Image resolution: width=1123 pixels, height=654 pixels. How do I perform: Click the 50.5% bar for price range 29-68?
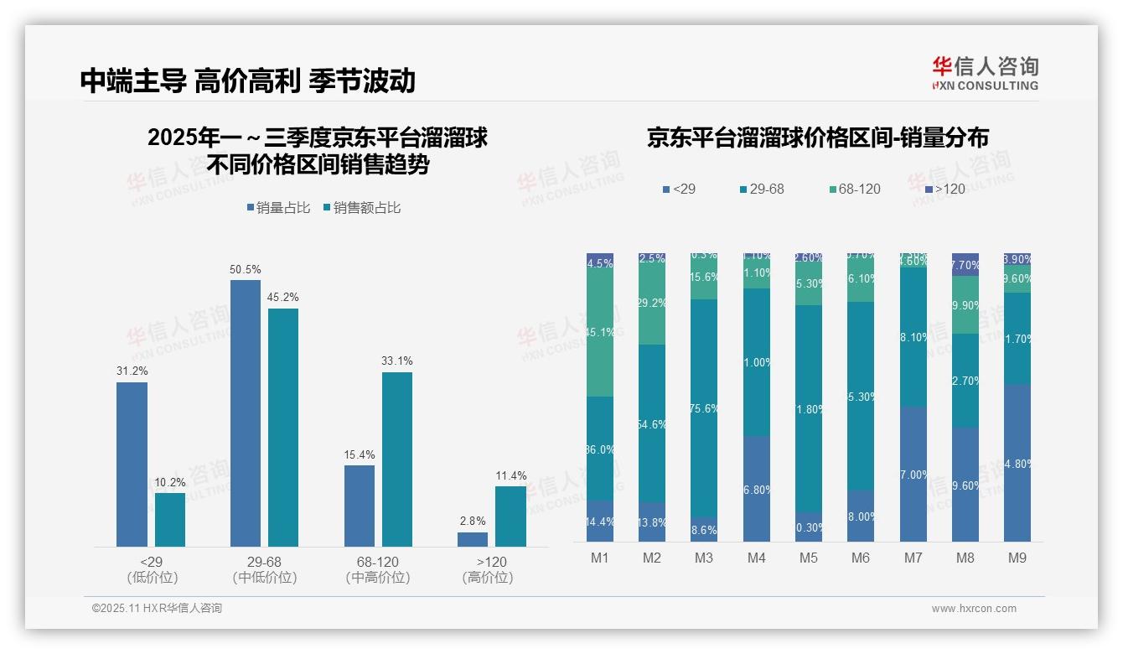tap(246, 413)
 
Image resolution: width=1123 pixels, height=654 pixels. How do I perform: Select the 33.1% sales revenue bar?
tap(397, 459)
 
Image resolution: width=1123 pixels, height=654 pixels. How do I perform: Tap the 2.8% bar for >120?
tap(473, 539)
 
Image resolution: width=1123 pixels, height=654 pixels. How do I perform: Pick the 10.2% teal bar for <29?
tap(170, 519)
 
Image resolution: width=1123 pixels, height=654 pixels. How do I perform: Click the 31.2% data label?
tap(132, 371)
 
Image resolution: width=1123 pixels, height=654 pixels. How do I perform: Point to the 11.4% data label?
tap(511, 475)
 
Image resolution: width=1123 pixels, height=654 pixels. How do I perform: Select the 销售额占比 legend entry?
tap(361, 207)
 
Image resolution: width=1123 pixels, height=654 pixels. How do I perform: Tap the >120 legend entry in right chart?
tap(944, 189)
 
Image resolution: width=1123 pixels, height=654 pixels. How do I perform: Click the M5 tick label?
tap(809, 557)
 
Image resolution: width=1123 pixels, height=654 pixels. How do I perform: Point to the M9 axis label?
tap(1017, 557)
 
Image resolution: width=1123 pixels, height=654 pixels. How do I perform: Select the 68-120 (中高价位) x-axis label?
tap(378, 569)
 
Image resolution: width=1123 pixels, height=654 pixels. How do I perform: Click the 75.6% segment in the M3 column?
tap(704, 407)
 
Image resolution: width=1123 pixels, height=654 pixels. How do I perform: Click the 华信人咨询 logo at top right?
tap(985, 73)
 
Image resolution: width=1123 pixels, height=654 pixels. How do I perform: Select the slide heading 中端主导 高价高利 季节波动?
tap(248, 80)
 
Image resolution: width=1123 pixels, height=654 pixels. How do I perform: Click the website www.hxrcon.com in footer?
tap(974, 609)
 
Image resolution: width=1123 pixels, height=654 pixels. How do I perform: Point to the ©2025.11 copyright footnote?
tap(157, 609)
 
